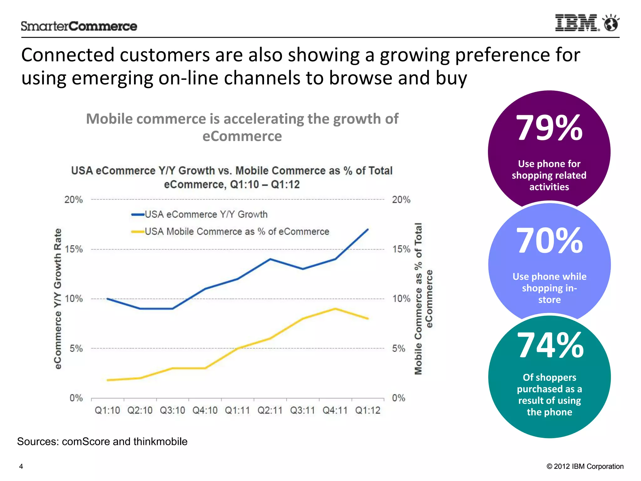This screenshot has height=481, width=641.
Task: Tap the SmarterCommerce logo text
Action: [x=79, y=26]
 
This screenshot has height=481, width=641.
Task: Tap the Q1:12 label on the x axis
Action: [x=367, y=411]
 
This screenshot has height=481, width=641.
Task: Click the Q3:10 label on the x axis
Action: [x=172, y=411]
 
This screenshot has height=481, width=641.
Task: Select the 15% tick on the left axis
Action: [x=74, y=249]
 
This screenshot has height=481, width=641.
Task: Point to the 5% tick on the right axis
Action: [x=398, y=349]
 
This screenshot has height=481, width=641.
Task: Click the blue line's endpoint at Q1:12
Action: [x=368, y=230]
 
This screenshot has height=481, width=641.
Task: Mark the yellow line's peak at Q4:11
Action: [x=335, y=309]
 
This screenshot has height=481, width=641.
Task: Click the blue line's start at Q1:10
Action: [x=107, y=299]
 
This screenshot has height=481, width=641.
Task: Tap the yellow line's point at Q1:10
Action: [x=108, y=380]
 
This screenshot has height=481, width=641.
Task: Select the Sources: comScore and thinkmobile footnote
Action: [x=102, y=442]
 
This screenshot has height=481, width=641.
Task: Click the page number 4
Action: [x=21, y=467]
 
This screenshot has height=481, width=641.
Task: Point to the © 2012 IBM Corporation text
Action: [x=585, y=467]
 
